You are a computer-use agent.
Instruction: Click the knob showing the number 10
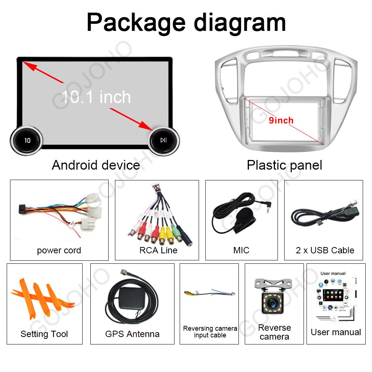[27, 140]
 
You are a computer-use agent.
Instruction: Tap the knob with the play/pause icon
[163, 140]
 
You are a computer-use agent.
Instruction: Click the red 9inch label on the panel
[281, 120]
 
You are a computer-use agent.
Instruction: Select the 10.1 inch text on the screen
[96, 97]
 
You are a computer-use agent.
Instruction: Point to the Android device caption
[96, 165]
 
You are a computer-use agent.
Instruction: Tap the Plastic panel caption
[284, 165]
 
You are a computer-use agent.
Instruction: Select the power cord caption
[59, 250]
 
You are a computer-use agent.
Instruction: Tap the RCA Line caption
[158, 250]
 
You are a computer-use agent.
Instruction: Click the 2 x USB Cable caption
[325, 250]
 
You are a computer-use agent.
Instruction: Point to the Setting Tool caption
[44, 334]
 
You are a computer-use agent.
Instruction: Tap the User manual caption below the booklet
[336, 332]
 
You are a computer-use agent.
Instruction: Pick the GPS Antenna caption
[132, 334]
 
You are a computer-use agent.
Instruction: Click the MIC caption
[241, 250]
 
